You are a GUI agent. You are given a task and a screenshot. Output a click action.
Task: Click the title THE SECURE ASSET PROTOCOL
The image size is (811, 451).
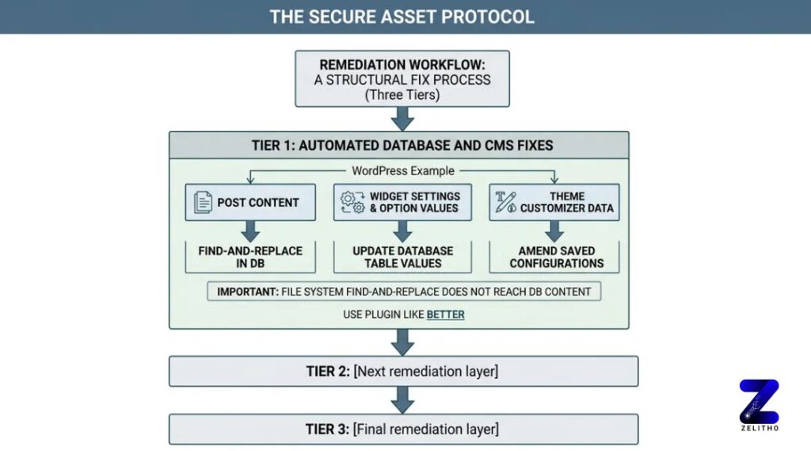tap(402, 17)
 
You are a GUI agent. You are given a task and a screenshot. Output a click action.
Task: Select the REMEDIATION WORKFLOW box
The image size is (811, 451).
tap(402, 79)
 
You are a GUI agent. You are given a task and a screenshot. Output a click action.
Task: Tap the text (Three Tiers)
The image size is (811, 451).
tap(402, 95)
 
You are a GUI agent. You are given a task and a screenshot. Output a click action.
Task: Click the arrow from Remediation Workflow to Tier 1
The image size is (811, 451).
tap(403, 119)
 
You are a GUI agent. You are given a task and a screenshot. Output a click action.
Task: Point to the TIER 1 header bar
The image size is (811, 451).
tap(399, 145)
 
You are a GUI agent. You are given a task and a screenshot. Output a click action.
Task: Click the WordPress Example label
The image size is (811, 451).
tap(403, 171)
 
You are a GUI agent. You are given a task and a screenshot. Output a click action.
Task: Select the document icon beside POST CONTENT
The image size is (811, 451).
tap(204, 203)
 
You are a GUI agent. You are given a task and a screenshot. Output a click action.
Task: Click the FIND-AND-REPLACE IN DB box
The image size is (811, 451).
tap(250, 257)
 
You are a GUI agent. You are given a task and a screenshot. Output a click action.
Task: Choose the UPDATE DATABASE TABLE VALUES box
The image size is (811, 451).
tap(402, 257)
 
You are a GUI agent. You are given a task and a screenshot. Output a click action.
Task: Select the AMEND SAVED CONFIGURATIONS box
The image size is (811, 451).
tap(557, 257)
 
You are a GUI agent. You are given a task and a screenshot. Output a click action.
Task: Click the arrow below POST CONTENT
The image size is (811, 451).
tap(250, 231)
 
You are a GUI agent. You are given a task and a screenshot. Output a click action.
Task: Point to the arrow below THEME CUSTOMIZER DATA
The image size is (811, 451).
tap(555, 231)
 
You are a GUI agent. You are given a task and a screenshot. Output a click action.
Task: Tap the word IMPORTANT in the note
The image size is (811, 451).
tap(246, 292)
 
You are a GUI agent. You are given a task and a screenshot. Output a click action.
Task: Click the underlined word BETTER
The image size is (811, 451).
tap(446, 315)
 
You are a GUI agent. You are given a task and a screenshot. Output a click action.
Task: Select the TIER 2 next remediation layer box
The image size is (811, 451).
tap(403, 371)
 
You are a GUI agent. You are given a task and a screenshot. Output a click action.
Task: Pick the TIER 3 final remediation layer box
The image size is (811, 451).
tap(403, 430)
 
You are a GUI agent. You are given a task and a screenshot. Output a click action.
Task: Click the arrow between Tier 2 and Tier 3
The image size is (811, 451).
tap(403, 399)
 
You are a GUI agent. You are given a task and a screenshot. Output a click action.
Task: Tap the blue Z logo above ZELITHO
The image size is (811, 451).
tap(759, 401)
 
